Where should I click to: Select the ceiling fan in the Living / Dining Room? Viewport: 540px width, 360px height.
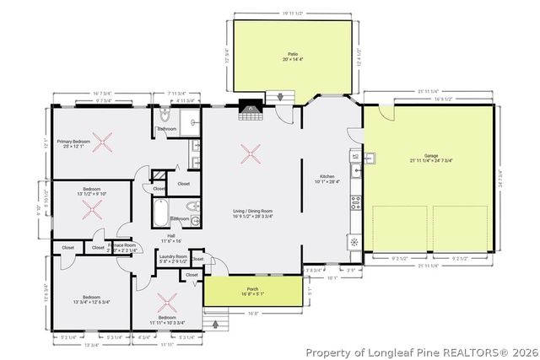pos(250,153)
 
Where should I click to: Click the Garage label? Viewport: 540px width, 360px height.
pos(430,156)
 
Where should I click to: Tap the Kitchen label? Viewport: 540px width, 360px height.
pos(327,176)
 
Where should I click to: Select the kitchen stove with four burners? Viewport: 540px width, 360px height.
pos(356,202)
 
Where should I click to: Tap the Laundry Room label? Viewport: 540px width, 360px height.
pos(172,256)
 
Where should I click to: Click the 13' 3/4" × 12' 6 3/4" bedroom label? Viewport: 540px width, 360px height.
pos(92,299)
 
